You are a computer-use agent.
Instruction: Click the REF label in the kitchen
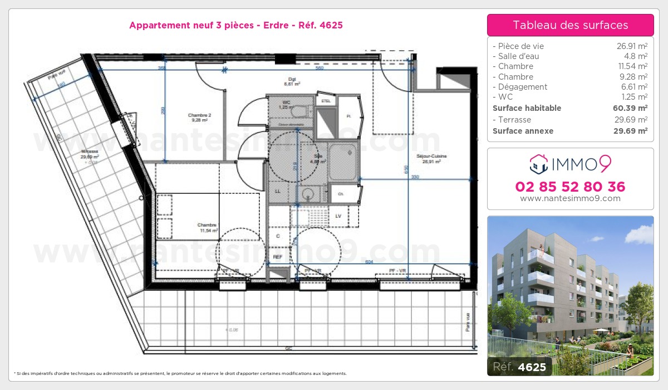(278, 257)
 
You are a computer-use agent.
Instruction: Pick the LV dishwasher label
(338, 216)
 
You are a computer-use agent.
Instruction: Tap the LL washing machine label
(278, 191)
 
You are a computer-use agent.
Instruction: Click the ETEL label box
(325, 101)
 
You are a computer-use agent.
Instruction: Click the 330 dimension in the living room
(415, 177)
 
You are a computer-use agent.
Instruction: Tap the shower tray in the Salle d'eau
(342, 162)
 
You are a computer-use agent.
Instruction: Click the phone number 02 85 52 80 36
(570, 187)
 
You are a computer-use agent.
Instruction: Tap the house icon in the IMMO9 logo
(538, 164)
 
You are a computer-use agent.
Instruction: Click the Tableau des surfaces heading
(570, 25)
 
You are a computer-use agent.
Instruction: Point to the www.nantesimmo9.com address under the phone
(570, 198)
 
